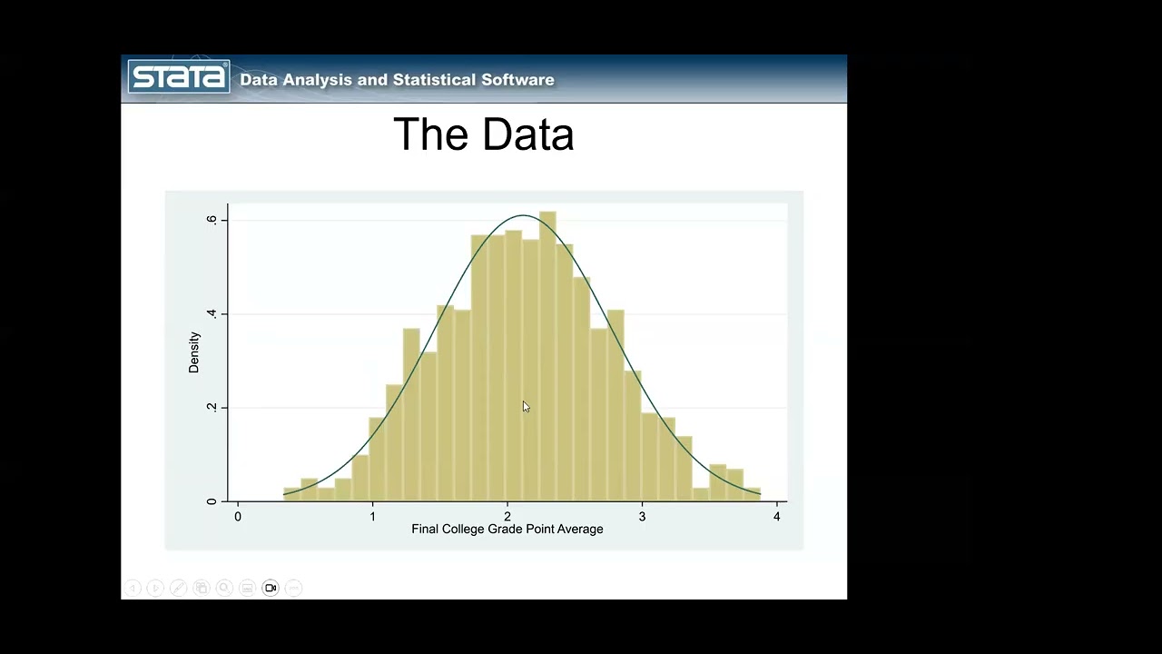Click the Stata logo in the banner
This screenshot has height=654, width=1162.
point(179,76)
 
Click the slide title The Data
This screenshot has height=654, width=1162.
point(483,134)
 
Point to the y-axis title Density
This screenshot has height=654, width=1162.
point(193,352)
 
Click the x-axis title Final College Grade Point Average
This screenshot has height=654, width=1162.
point(507,529)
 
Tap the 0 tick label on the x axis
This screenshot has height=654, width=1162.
point(238,517)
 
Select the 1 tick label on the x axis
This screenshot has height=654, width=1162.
point(372,517)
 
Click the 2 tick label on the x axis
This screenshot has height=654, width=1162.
point(507,517)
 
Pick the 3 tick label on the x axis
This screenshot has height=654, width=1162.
point(642,517)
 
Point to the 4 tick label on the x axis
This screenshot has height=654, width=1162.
point(776,517)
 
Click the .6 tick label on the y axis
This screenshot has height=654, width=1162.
point(212,220)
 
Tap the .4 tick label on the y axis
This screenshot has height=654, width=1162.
point(212,313)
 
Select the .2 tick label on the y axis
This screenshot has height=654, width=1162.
point(212,407)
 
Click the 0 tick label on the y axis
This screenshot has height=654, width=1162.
point(212,500)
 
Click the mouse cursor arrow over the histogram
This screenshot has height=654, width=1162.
point(525,406)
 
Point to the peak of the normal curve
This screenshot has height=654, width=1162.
point(524,215)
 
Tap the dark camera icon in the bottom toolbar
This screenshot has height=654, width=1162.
point(271,588)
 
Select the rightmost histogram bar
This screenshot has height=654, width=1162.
point(752,494)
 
